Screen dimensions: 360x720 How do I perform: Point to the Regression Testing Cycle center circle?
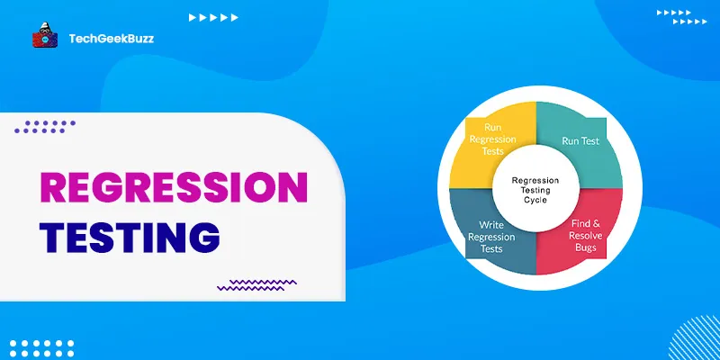click(536, 189)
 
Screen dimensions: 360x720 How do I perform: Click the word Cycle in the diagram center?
click(536, 201)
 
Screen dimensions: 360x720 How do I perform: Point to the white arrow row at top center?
click(213, 17)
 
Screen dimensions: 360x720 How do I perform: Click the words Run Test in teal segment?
click(580, 142)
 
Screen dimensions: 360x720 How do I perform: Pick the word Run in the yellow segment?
click(493, 128)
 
